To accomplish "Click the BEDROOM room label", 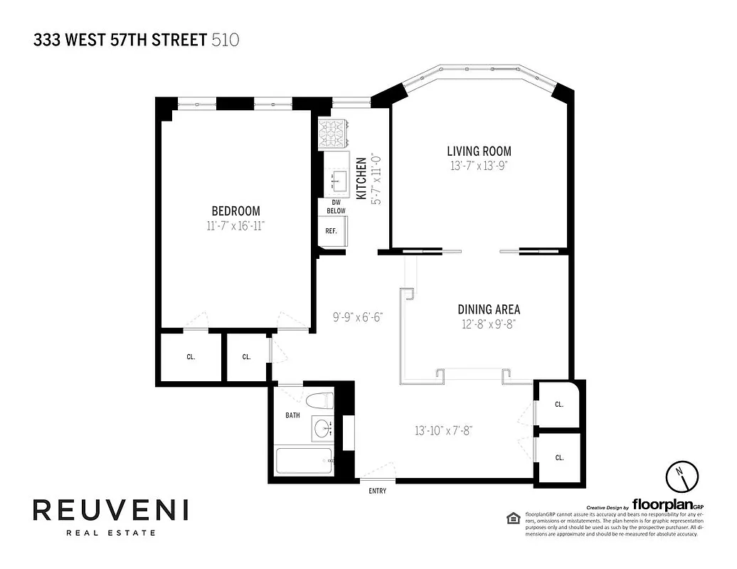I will click(x=235, y=211).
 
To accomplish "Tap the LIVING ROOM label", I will click(x=479, y=151).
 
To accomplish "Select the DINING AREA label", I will click(x=488, y=309).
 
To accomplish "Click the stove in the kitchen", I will click(x=332, y=132).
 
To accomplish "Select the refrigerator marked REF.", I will click(x=332, y=231).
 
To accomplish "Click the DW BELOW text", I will click(x=336, y=207).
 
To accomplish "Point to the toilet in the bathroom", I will click(x=319, y=400).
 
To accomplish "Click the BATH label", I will click(x=292, y=415).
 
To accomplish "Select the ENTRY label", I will click(x=377, y=491).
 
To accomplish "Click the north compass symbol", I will click(x=679, y=476).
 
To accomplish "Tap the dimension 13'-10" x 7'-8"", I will click(x=444, y=430).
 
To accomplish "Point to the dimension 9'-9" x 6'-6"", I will click(x=359, y=317).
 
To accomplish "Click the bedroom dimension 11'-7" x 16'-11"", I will click(x=235, y=225).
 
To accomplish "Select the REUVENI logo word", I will click(x=110, y=510).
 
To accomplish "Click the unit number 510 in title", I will click(x=226, y=40).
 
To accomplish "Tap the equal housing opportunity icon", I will click(x=511, y=517).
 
